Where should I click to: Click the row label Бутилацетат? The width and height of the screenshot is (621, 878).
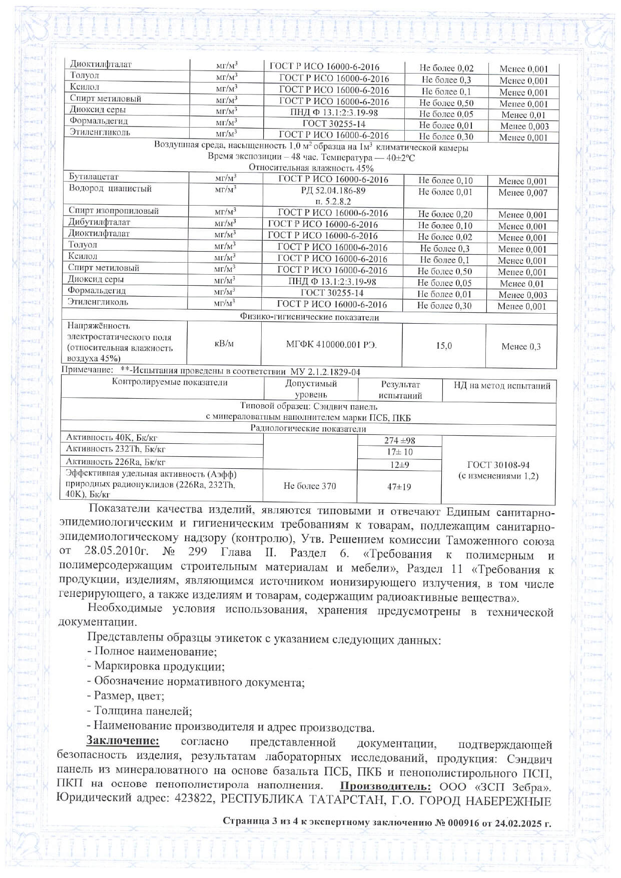93,177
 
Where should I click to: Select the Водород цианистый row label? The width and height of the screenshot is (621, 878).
110,189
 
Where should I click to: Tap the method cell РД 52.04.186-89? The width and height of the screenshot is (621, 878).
333,191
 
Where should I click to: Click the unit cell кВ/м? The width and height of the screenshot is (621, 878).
224,343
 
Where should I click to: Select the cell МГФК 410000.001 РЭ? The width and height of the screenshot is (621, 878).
331,345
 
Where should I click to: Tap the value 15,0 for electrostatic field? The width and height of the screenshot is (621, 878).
443,346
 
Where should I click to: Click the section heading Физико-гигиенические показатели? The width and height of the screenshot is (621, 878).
309,317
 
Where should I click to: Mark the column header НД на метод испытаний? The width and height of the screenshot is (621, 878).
501,386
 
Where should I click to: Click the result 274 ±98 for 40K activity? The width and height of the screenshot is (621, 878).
399,441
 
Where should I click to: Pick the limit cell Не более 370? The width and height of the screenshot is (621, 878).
310,486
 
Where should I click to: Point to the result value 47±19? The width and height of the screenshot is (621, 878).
399,487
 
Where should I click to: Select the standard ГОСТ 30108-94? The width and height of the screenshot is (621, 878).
498,465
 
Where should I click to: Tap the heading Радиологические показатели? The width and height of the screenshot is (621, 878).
308,429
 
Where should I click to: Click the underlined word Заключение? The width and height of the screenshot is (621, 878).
123,740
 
